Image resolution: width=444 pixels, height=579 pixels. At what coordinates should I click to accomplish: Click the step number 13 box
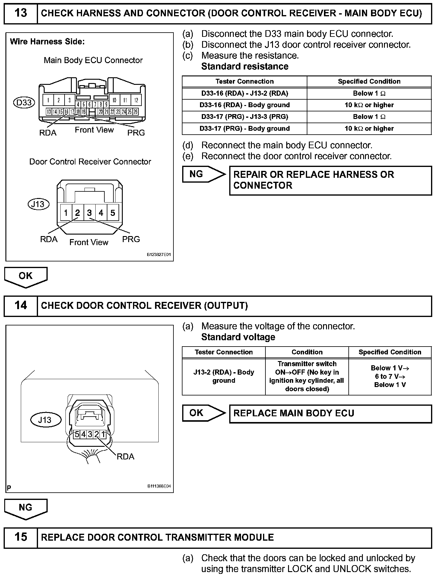click(x=21, y=13)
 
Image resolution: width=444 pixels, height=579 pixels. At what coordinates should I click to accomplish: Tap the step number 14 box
click(x=21, y=305)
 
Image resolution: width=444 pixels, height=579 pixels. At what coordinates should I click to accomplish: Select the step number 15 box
click(x=21, y=537)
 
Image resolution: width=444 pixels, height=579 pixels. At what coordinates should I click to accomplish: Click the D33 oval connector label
click(x=24, y=103)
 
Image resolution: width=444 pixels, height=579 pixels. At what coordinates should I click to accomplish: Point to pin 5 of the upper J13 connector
click(x=113, y=213)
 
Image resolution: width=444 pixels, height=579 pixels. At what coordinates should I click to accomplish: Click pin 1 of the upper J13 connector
click(x=66, y=213)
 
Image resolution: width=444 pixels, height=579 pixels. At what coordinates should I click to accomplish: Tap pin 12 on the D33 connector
click(x=136, y=100)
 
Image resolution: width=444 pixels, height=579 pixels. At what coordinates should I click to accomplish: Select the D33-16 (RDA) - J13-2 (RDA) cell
click(x=245, y=94)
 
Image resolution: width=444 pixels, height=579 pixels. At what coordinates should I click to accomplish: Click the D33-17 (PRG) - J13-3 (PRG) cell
click(x=245, y=117)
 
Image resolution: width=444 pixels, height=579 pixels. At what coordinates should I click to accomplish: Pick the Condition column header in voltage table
click(x=307, y=352)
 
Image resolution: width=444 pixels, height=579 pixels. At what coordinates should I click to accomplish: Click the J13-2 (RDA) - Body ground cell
click(x=224, y=376)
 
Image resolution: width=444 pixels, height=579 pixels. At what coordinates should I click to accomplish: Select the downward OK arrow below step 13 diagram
click(x=26, y=277)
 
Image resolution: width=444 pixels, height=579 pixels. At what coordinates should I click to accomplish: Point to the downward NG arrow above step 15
click(x=26, y=508)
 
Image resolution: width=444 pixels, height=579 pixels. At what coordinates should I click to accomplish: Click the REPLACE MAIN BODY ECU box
click(x=330, y=414)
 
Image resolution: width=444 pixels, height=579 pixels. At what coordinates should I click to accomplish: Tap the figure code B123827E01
click(x=159, y=255)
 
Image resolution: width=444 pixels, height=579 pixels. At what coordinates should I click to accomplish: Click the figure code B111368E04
click(x=159, y=486)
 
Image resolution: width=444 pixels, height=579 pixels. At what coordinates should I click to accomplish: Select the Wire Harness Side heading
click(x=47, y=42)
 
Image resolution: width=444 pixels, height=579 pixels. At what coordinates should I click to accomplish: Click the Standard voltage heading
click(x=238, y=337)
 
